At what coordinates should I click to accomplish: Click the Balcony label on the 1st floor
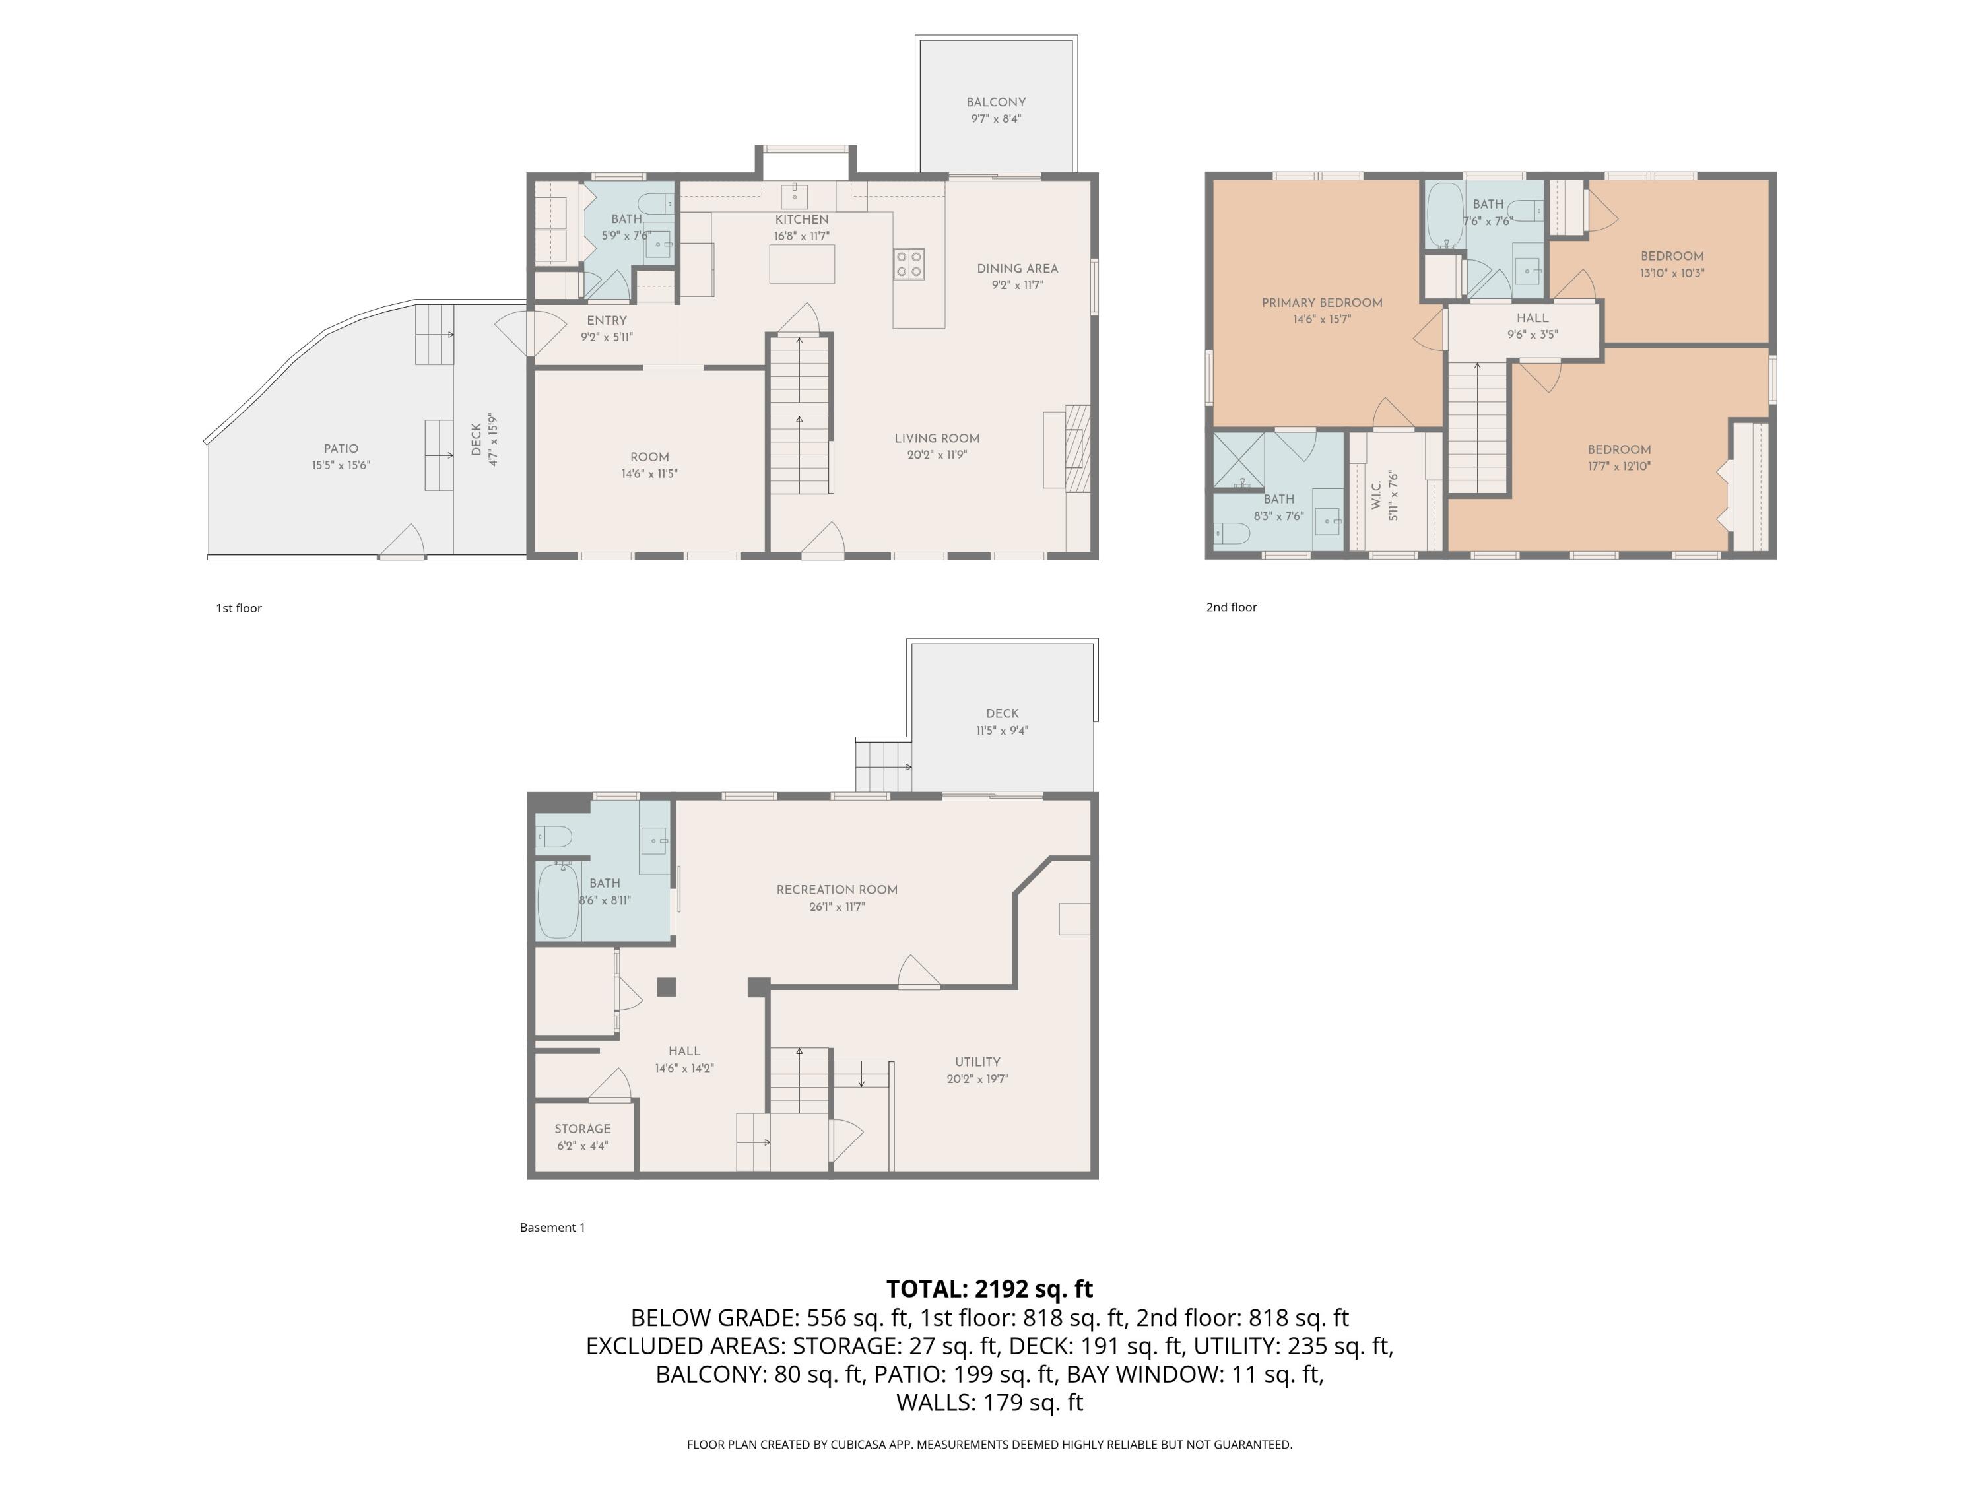pyautogui.click(x=995, y=102)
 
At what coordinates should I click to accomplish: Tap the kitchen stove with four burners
pyautogui.click(x=909, y=265)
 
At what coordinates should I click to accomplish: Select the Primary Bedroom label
pyautogui.click(x=1321, y=302)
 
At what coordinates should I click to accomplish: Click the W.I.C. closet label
pyautogui.click(x=1377, y=495)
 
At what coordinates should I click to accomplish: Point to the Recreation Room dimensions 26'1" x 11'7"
pyautogui.click(x=836, y=907)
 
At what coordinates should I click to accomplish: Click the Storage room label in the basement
pyautogui.click(x=582, y=1129)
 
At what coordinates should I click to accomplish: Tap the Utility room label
pyautogui.click(x=977, y=1061)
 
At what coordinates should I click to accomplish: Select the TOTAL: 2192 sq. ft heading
pyautogui.click(x=989, y=1288)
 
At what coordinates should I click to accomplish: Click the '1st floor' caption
pyautogui.click(x=238, y=608)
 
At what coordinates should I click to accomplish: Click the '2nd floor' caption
pyautogui.click(x=1231, y=607)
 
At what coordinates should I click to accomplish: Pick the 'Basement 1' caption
pyautogui.click(x=552, y=1227)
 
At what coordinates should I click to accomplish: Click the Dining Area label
pyautogui.click(x=1017, y=269)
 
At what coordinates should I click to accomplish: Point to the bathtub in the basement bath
pyautogui.click(x=558, y=900)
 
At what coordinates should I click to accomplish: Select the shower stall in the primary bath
pyautogui.click(x=1238, y=460)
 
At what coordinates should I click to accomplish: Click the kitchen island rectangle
pyautogui.click(x=801, y=264)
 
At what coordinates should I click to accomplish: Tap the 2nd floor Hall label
pyautogui.click(x=1532, y=317)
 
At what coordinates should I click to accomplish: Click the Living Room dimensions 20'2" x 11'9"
pyautogui.click(x=937, y=455)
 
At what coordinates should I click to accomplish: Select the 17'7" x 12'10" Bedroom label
pyautogui.click(x=1618, y=450)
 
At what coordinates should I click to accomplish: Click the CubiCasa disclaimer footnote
pyautogui.click(x=989, y=1444)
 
